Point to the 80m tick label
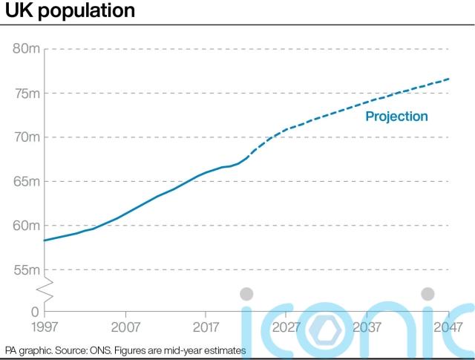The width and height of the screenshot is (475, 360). pos(26,49)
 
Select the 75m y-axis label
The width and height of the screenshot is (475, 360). pos(26,93)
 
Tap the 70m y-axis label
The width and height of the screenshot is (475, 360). pos(26,137)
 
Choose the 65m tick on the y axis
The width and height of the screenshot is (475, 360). pos(26,181)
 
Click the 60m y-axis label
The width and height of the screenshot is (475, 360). pos(26,226)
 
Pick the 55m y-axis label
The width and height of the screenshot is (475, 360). pos(26,269)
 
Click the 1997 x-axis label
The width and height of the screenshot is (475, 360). pos(45,327)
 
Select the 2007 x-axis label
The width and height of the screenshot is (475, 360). pos(125,327)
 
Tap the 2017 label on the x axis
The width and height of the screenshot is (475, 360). pos(206,327)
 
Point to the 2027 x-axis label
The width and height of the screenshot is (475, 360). pos(287,327)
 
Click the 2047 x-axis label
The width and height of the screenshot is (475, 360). pos(448,327)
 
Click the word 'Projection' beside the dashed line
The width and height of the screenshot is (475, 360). pos(396,117)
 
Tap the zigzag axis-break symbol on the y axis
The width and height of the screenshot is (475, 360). pos(45,289)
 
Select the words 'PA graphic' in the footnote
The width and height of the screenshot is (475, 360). pos(26,350)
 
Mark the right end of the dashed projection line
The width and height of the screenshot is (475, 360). pos(449,79)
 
